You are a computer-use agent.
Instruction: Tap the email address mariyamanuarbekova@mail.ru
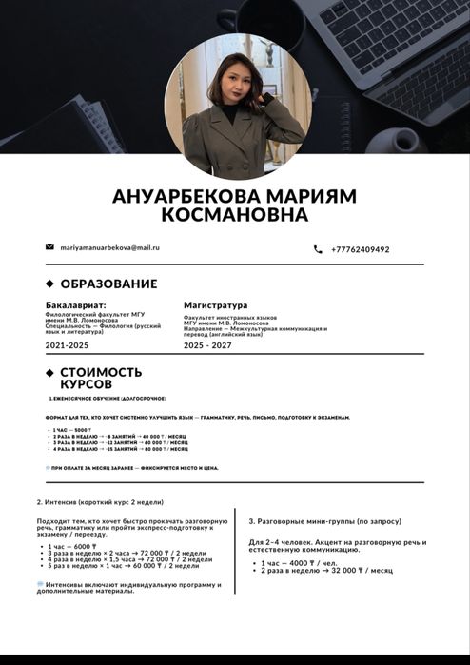click(109, 247)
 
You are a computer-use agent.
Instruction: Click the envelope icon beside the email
click(49, 247)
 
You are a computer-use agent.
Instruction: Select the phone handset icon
click(318, 249)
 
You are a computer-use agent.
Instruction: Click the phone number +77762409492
click(360, 249)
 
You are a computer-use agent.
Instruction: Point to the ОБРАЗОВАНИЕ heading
click(108, 284)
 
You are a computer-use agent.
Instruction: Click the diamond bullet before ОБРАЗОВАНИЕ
click(49, 284)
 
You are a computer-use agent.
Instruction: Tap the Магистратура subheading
click(215, 305)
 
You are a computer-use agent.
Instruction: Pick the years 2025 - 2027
click(206, 345)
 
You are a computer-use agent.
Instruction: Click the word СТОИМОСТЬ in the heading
click(101, 372)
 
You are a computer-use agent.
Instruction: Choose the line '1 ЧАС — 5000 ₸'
click(72, 430)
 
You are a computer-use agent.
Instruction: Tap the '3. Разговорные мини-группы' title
click(324, 521)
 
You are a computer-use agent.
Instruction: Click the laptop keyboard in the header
click(400, 38)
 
